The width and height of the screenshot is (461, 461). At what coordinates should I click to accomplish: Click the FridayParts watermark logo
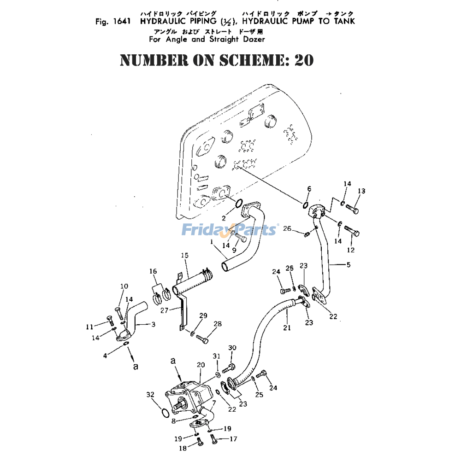[x=229, y=229]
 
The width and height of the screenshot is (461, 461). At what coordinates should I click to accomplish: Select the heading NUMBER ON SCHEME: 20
[x=217, y=60]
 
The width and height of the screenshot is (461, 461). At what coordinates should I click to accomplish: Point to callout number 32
[x=150, y=394]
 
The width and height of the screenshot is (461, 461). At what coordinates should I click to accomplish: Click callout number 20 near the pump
[x=200, y=364]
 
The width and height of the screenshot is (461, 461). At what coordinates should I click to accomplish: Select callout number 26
[x=287, y=229]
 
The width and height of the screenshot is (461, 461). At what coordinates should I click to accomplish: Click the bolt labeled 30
[x=230, y=368]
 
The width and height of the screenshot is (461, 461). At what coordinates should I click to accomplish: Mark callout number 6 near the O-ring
[x=309, y=188]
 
